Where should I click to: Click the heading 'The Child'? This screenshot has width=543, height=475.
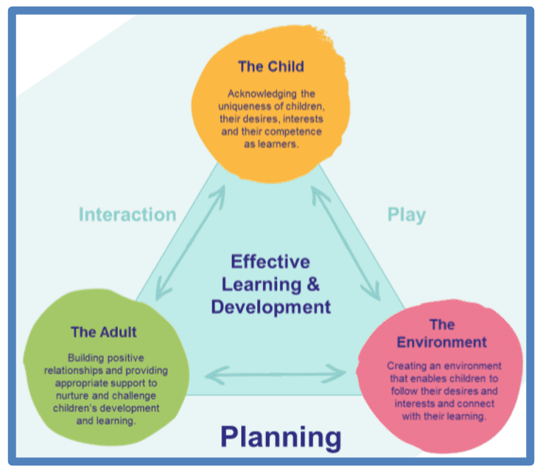(x=271, y=66)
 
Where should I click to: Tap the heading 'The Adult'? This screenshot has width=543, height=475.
(x=104, y=332)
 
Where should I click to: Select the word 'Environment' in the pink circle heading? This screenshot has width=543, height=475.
(x=441, y=342)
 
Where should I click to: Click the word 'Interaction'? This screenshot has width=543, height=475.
(x=127, y=214)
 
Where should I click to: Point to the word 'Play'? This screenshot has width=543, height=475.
(x=407, y=215)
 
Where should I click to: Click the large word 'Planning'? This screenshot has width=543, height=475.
(x=281, y=438)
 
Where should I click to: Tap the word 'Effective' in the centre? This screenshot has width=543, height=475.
(x=270, y=261)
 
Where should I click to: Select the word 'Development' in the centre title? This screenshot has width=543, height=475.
(x=271, y=307)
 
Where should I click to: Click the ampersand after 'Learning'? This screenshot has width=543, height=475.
(x=312, y=284)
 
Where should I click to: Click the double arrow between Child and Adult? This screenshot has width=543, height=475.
(x=190, y=243)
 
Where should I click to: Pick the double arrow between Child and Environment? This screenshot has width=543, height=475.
(x=346, y=243)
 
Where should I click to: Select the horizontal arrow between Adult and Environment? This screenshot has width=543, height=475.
(x=276, y=375)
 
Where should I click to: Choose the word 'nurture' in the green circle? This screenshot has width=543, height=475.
(x=72, y=395)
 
